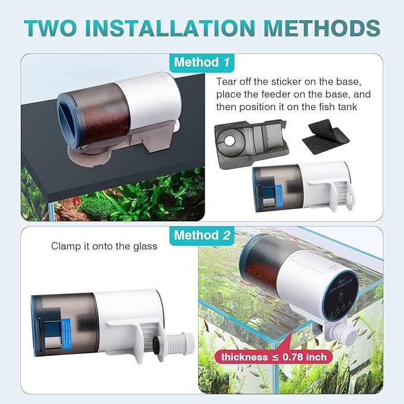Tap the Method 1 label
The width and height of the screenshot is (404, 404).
(x=202, y=62)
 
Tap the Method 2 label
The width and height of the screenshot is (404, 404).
(x=202, y=235)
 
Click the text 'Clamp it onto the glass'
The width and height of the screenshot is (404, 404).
(x=104, y=246)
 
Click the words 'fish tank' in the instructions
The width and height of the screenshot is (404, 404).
(x=350, y=107)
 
